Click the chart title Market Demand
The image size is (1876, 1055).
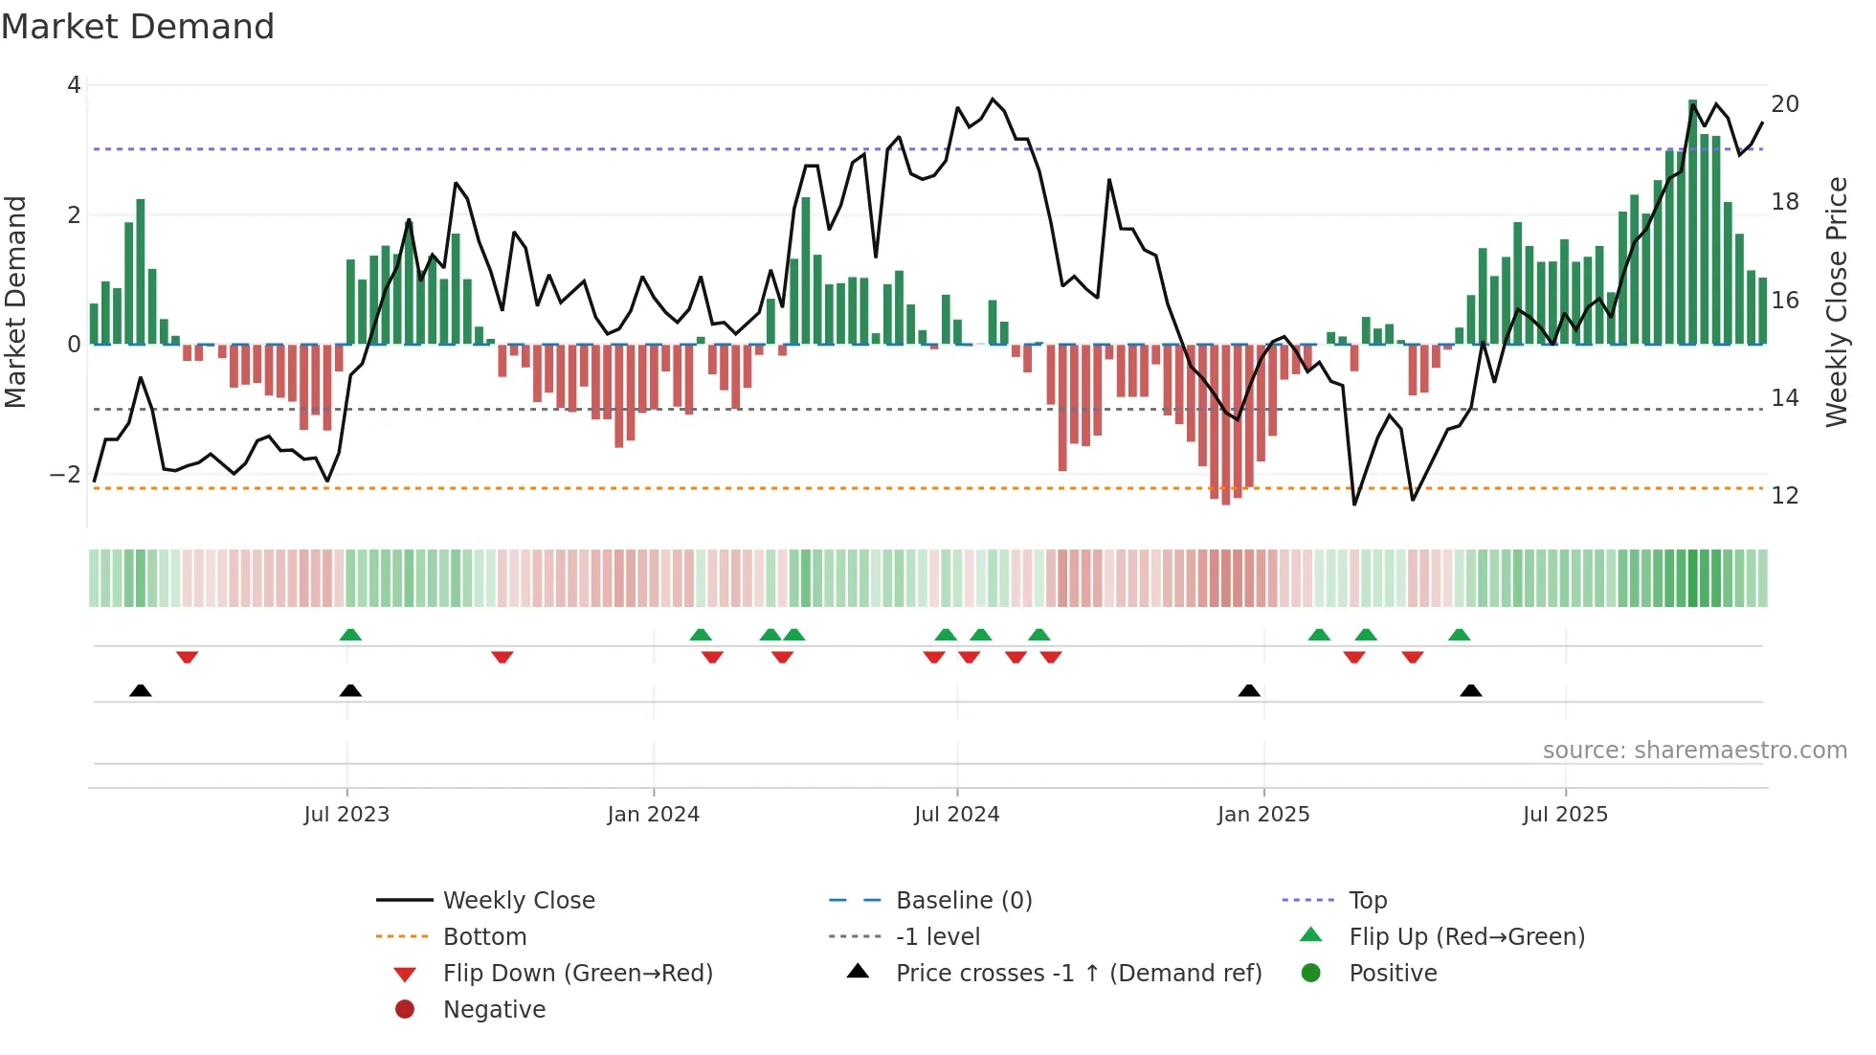click(x=138, y=27)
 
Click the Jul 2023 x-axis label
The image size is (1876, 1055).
click(x=346, y=815)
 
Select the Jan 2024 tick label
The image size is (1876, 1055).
click(x=654, y=815)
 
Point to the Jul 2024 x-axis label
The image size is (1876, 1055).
click(x=956, y=815)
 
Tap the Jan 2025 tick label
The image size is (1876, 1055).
click(x=1263, y=815)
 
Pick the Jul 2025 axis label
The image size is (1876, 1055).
click(x=1565, y=815)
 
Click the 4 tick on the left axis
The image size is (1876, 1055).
click(x=74, y=85)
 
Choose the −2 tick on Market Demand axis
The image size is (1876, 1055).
click(x=65, y=475)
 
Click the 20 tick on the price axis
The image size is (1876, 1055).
click(x=1785, y=103)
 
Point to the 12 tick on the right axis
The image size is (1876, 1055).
click(x=1785, y=496)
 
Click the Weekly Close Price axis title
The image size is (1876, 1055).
click(x=1836, y=302)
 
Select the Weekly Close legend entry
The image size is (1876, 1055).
click(x=519, y=901)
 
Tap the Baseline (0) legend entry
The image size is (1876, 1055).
click(x=964, y=901)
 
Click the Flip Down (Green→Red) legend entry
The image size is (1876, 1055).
click(x=577, y=974)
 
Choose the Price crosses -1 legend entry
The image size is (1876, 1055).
click(x=1079, y=974)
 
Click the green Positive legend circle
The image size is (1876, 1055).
click(x=1311, y=974)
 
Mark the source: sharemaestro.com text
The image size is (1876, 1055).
click(x=1694, y=751)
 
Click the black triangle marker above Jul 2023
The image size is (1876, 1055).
click(x=350, y=690)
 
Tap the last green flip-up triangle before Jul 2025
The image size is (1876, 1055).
click(x=1459, y=635)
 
